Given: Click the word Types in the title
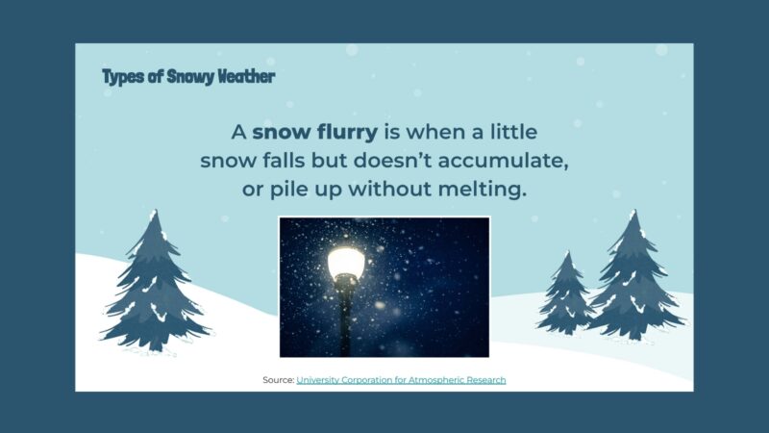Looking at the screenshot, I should coord(123,77).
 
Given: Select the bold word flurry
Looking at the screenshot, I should coord(342,131).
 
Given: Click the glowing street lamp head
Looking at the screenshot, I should coord(345,262).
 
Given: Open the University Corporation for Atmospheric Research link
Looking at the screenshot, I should coord(401,380).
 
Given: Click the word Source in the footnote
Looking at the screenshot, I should coord(277,380).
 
